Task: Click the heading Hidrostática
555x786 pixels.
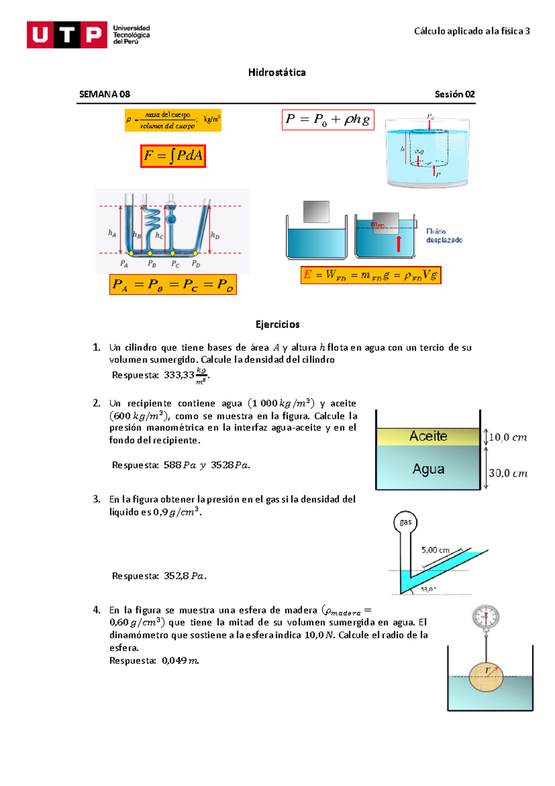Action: [x=277, y=72]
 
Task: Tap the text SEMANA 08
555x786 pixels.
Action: [x=105, y=94]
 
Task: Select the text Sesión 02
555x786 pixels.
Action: [x=454, y=94]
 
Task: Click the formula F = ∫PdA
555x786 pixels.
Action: [x=173, y=156]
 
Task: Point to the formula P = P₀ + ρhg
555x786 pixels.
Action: [x=328, y=120]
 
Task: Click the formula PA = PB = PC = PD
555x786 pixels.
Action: [x=173, y=285]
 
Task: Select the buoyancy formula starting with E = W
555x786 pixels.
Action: [x=370, y=275]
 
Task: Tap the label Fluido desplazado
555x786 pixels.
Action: [x=444, y=236]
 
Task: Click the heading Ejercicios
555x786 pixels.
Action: [x=277, y=324]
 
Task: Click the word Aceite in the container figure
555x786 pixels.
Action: [x=428, y=436]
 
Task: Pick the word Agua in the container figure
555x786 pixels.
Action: [x=428, y=469]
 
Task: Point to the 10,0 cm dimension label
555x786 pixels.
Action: [x=507, y=437]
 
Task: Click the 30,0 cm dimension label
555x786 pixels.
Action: [x=508, y=473]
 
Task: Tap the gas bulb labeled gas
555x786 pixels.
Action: [x=405, y=522]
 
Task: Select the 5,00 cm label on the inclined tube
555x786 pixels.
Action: [x=435, y=550]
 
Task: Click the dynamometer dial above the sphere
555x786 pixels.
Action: [x=486, y=617]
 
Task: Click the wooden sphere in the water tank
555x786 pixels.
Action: [x=486, y=677]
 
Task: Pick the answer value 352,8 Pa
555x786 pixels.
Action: [x=185, y=576]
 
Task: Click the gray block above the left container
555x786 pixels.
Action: [x=316, y=212]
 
